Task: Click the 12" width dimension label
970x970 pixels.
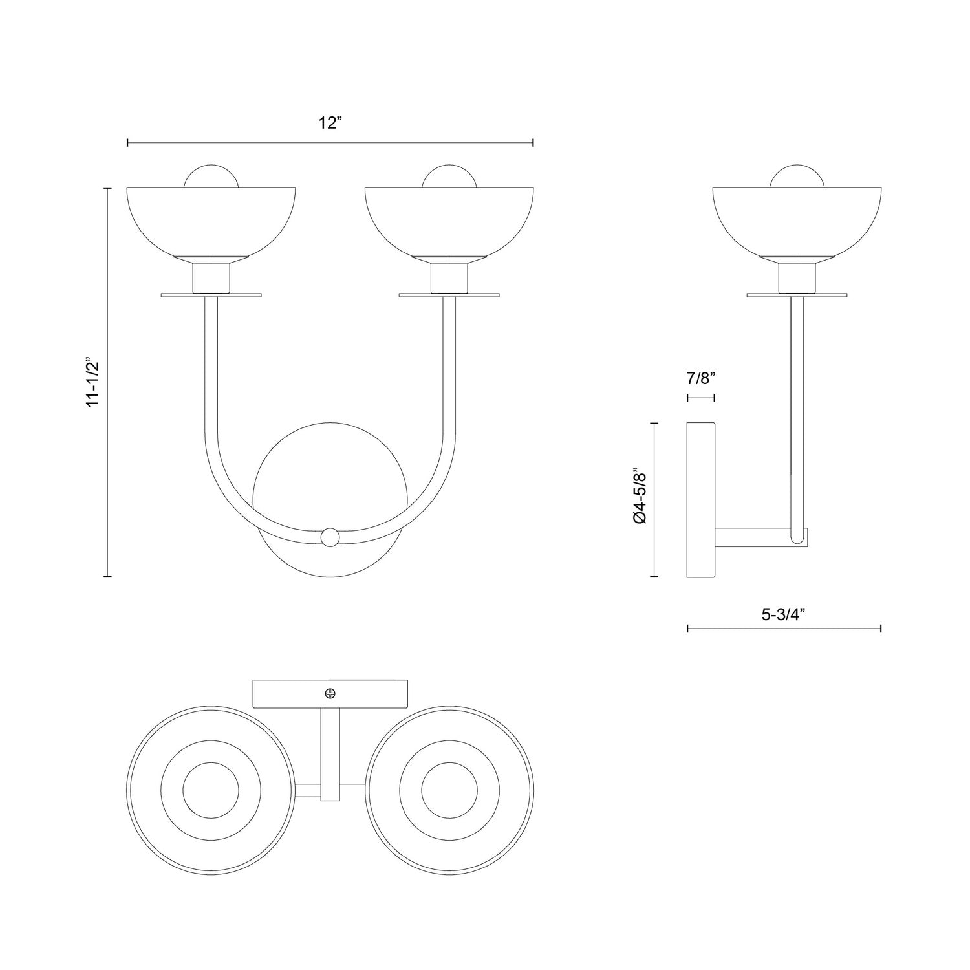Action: pyautogui.click(x=330, y=123)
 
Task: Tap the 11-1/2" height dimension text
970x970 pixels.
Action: pyautogui.click(x=94, y=382)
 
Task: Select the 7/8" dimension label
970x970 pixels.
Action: pyautogui.click(x=700, y=379)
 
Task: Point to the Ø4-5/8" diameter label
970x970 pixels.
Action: pyautogui.click(x=640, y=499)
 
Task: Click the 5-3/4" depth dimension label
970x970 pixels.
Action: pyautogui.click(x=783, y=615)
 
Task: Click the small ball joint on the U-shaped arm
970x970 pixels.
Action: pyautogui.click(x=330, y=537)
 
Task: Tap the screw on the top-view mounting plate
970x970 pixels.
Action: pyautogui.click(x=330, y=694)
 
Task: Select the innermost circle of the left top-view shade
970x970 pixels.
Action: pyautogui.click(x=211, y=790)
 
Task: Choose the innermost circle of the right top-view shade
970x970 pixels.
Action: pyautogui.click(x=449, y=790)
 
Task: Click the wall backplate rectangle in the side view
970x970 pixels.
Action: pyautogui.click(x=700, y=500)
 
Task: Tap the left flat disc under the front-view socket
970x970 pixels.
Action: pyautogui.click(x=211, y=296)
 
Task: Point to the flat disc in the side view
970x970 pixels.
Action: pyautogui.click(x=797, y=296)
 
